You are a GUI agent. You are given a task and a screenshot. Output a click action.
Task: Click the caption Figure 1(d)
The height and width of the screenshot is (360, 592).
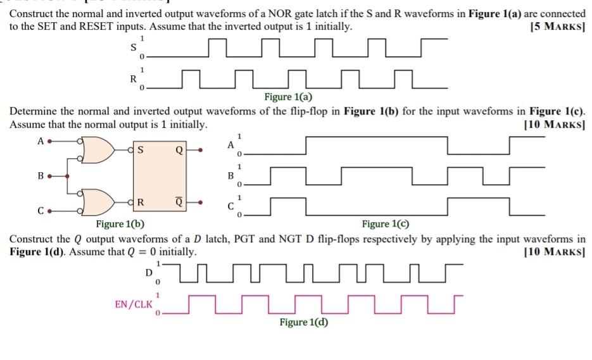tap(304, 323)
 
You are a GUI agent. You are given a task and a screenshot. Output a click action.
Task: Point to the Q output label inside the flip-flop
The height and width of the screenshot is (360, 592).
tap(179, 151)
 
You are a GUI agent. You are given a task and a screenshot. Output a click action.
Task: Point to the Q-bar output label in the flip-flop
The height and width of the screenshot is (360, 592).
tap(179, 202)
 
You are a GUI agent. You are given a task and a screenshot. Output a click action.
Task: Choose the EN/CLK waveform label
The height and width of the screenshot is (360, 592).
tap(133, 304)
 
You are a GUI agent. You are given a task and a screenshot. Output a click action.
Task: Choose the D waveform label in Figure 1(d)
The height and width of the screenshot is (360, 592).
tap(149, 273)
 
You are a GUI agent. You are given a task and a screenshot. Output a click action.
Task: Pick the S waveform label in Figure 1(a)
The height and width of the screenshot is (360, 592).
tap(132, 47)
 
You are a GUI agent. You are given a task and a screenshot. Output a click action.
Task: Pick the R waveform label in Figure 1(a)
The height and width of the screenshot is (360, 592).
tap(132, 79)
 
